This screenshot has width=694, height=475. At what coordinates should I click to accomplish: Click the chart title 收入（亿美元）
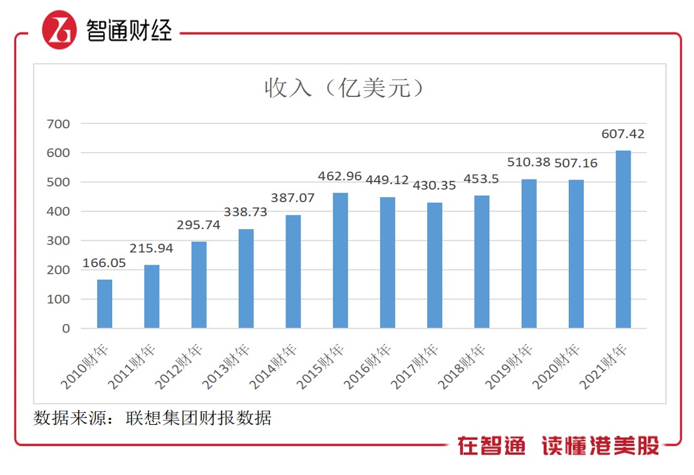pos(346,88)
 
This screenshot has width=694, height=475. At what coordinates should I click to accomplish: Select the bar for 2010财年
pos(105,304)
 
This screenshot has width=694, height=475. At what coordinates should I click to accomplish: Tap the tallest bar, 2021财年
pos(623,239)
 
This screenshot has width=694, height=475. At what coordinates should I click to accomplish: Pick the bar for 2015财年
pos(340,260)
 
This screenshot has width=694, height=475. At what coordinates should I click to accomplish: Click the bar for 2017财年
pos(435,265)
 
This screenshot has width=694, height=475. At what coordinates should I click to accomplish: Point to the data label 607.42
pos(623,134)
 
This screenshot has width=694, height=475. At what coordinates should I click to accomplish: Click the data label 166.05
pos(104,263)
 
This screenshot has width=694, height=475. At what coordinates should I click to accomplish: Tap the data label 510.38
pos(529,163)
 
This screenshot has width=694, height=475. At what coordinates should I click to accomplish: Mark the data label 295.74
pos(199,225)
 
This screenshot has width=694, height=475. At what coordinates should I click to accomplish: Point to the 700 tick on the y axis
pos(58,124)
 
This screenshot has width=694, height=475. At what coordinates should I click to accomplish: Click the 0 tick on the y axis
pos(66,329)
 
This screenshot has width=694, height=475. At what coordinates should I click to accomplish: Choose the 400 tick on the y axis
pos(58,212)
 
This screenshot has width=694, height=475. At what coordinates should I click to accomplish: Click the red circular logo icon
pos(60,30)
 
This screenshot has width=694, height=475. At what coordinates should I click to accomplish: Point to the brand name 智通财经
pos(128,30)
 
